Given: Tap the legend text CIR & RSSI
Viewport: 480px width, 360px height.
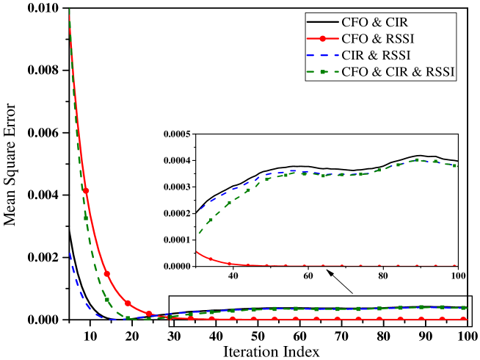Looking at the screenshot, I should point(375,55).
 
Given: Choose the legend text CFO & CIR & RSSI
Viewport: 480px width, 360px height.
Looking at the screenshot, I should point(397,72).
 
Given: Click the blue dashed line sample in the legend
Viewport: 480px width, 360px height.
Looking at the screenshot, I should point(323,55).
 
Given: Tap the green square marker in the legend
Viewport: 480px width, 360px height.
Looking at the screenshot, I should point(323,72).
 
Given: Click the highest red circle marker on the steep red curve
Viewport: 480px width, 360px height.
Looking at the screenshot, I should point(86,191).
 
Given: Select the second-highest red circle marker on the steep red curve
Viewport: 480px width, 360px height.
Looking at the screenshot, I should point(106,273).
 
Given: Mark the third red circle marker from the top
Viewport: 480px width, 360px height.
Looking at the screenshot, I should point(128,303).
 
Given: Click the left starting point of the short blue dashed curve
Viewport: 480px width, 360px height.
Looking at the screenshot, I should point(70,253).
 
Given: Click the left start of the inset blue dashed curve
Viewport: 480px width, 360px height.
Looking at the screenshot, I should point(200,209).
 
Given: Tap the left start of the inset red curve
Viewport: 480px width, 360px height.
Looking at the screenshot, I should point(197,252).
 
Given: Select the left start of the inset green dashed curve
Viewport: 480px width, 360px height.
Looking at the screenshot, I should point(198,234).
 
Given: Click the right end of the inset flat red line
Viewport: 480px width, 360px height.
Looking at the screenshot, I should point(457,265).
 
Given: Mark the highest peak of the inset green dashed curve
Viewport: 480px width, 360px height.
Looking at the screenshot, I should point(418,159).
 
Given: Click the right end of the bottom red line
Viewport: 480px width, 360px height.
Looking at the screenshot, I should point(465,319).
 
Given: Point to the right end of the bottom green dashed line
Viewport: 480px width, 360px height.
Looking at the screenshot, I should point(465,307).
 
